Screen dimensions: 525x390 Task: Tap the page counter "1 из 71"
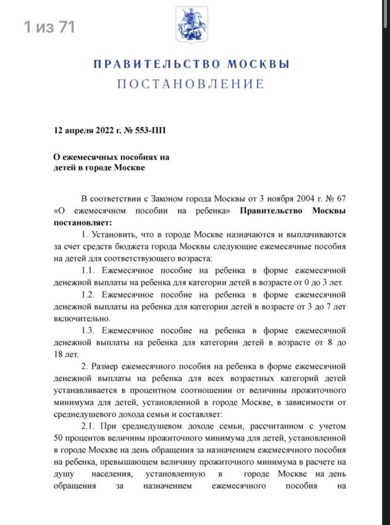click(x=50, y=27)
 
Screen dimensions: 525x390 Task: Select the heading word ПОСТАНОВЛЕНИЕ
click(x=190, y=84)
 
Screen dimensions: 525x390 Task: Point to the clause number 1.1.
click(x=89, y=270)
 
